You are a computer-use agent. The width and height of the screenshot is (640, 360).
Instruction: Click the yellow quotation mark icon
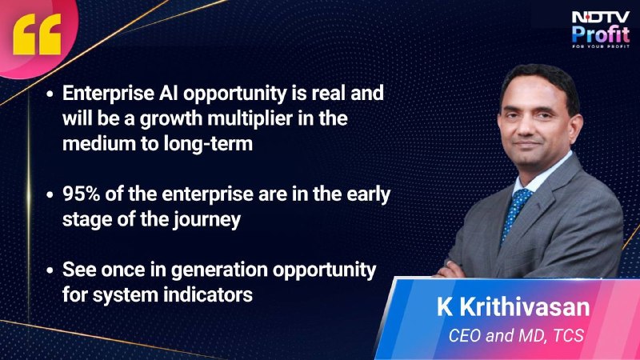37,34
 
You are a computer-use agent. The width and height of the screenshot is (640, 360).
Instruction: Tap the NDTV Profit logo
601,30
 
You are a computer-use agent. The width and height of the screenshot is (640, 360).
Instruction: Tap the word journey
206,220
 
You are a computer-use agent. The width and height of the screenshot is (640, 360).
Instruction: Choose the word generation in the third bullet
219,270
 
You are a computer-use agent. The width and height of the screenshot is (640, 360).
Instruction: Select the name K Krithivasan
513,307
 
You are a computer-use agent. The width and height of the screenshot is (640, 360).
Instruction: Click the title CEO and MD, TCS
516,335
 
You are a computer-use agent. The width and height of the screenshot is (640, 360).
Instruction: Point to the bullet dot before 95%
50,194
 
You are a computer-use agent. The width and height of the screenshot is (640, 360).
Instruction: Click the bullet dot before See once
50,270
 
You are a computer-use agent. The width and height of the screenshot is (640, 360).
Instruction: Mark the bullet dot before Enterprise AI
50,94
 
